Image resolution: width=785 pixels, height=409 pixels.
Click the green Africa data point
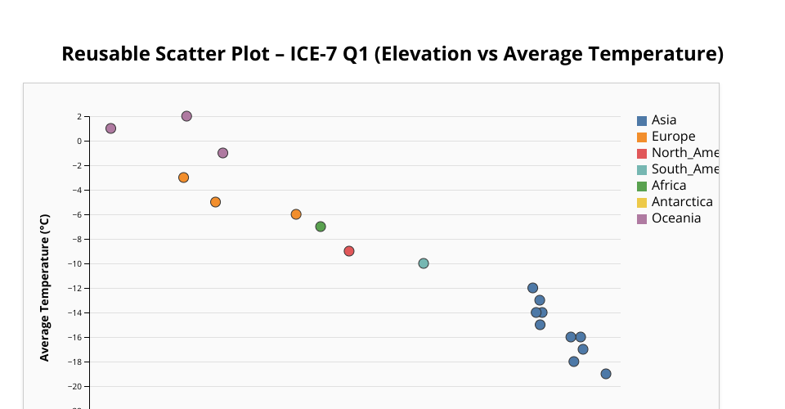pyautogui.click(x=321, y=227)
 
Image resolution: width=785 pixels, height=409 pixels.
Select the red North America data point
pyautogui.click(x=349, y=251)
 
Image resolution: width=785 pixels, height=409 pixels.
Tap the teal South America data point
pyautogui.click(x=424, y=263)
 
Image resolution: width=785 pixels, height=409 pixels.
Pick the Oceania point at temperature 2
pyautogui.click(x=186, y=116)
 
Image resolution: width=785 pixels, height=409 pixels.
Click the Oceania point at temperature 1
pyautogui.click(x=110, y=128)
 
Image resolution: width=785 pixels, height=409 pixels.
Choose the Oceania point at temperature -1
pyautogui.click(x=222, y=153)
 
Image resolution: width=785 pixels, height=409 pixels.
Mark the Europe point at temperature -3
pyautogui.click(x=183, y=178)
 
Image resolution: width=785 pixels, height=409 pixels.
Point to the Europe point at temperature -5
pyautogui.click(x=215, y=202)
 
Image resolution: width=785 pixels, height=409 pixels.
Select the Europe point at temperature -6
pyautogui.click(x=296, y=214)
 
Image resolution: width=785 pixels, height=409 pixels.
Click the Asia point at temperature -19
pyautogui.click(x=606, y=374)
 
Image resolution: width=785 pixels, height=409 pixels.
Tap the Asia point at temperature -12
pyautogui.click(x=532, y=288)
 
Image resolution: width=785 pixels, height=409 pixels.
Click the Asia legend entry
pyautogui.click(x=663, y=120)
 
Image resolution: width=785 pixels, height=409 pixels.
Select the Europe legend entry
pyautogui.click(x=673, y=137)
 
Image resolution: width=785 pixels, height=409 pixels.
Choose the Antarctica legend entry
pyautogui.click(x=681, y=202)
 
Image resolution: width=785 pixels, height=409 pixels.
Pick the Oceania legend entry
pyautogui.click(x=675, y=218)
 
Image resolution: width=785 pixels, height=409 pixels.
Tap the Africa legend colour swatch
pyautogui.click(x=642, y=186)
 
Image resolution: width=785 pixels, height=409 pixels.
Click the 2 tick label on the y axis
pyautogui.click(x=79, y=116)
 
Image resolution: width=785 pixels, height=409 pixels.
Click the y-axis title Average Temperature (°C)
pyautogui.click(x=45, y=287)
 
